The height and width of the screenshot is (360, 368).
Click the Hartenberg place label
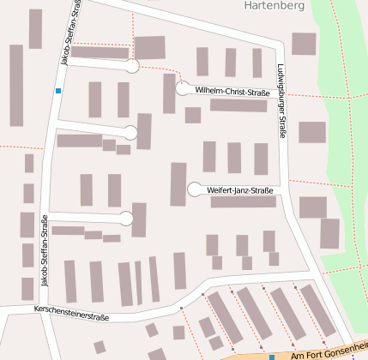(274, 5)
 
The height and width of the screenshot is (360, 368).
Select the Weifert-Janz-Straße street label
(241, 190)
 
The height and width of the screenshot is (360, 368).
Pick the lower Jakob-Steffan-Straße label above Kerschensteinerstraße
(45, 249)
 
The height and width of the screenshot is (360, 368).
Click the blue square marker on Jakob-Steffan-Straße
(58, 91)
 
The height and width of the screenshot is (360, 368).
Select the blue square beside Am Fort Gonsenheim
(272, 357)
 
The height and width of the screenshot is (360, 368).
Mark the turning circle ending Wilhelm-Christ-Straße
(182, 88)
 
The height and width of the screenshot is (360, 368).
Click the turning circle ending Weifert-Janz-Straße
(195, 189)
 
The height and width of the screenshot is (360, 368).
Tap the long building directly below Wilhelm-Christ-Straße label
(238, 105)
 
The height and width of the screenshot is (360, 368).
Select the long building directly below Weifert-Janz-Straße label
(244, 202)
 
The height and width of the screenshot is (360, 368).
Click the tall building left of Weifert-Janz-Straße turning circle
(178, 183)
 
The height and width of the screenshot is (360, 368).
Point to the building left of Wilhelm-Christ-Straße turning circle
(169, 93)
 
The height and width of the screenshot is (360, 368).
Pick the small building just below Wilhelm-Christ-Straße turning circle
(193, 115)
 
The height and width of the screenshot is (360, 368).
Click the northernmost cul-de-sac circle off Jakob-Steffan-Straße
(132, 66)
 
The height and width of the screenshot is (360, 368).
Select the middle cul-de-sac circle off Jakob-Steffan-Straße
(130, 132)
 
